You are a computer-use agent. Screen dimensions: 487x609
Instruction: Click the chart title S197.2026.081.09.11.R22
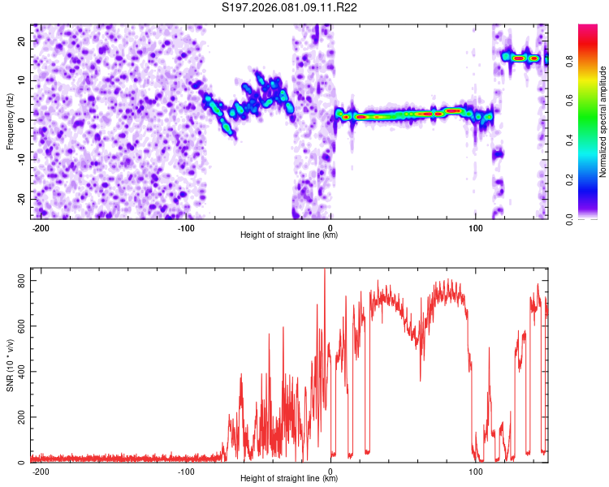coord(290,8)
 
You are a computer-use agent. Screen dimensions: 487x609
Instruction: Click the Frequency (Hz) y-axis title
coord(10,122)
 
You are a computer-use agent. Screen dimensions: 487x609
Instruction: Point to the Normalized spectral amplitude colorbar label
coord(603,122)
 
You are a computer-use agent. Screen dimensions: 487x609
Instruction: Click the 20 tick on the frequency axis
coord(22,41)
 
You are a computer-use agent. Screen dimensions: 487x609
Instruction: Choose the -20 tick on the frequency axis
coord(20,199)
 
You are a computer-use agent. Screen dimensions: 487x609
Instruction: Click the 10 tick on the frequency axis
coord(22,80)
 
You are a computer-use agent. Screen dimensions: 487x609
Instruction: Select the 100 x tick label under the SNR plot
coord(476,471)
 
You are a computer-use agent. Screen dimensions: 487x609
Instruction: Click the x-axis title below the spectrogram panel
coord(289,235)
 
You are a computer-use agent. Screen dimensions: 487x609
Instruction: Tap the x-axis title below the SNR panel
coord(289,479)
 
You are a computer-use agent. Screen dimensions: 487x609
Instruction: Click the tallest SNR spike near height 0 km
coord(325,271)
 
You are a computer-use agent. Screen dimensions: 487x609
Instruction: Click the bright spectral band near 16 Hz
coord(520,58)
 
